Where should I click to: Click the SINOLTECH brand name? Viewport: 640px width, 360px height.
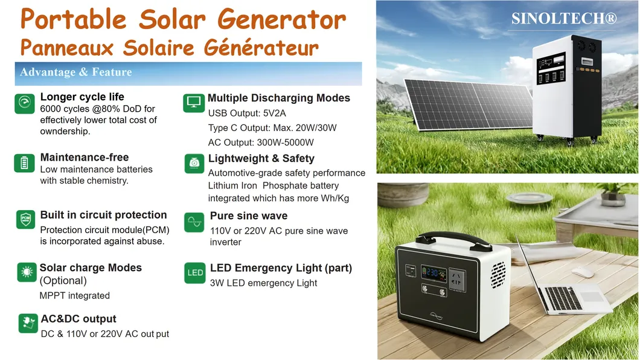564,18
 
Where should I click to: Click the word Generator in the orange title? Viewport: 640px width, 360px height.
281,19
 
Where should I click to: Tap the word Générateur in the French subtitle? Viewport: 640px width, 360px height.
261,47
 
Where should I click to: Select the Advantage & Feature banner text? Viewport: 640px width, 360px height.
76,72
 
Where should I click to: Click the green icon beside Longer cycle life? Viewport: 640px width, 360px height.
25,103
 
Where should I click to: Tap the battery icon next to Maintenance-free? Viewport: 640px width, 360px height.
25,163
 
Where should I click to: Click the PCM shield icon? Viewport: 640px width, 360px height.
26,220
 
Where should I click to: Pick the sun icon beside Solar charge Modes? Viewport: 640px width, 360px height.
27,272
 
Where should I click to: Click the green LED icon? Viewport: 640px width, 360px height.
194,272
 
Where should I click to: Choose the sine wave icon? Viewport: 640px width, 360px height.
194,222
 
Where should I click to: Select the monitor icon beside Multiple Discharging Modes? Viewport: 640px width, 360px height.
193,103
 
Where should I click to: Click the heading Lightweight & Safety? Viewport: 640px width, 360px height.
261,158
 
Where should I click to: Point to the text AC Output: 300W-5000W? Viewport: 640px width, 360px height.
261,143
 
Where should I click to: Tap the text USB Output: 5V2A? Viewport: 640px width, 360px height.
247,113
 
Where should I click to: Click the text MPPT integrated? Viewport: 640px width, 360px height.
75,295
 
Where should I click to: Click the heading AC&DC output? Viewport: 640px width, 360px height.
78,319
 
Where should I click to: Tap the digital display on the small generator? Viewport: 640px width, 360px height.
434,273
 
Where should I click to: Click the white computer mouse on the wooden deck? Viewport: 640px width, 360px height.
583,272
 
